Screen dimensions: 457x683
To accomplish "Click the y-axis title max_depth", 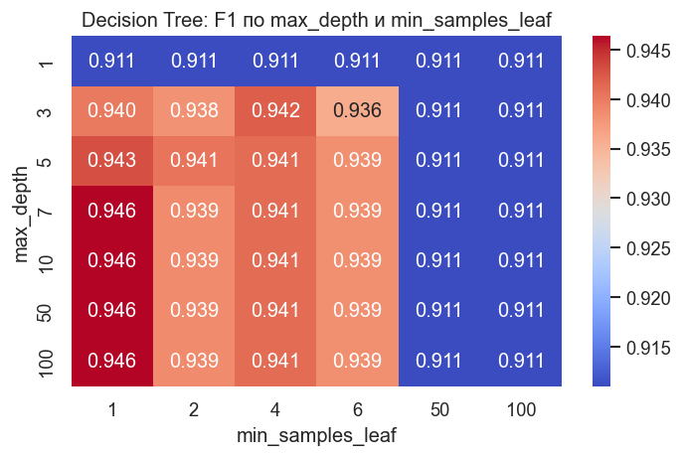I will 23,211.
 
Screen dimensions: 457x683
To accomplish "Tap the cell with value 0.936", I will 357,110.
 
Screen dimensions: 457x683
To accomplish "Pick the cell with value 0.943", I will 111,161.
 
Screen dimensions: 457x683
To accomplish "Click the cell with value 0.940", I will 111,110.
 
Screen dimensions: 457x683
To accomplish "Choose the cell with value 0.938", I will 193,110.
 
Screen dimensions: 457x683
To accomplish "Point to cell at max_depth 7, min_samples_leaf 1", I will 111,211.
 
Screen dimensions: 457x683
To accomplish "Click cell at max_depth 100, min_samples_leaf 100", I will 521,361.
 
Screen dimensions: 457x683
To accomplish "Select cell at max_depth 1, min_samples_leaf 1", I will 111,61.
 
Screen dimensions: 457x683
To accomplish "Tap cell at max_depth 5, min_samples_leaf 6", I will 357,161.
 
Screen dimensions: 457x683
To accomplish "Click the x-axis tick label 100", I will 521,408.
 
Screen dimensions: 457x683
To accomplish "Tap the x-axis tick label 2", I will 193,408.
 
